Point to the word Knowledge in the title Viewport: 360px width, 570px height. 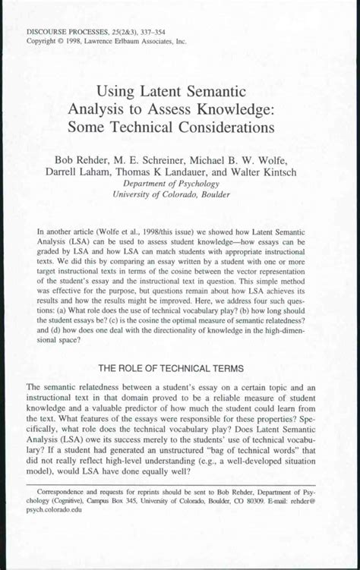pos(236,109)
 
